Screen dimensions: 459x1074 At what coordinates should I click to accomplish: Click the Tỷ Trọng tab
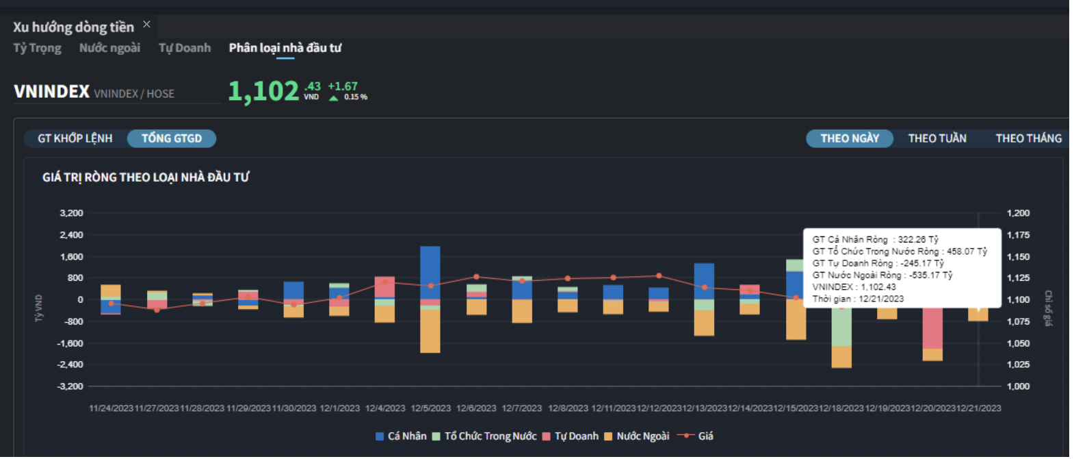coord(37,48)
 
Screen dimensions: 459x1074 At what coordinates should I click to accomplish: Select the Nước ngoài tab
coord(109,48)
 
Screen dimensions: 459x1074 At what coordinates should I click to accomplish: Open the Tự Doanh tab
coord(185,48)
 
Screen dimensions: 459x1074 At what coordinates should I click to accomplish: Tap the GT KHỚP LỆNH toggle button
coord(75,138)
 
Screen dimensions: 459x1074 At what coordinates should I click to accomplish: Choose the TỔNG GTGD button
coord(172,138)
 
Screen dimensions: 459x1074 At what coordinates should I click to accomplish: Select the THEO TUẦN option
coord(937,138)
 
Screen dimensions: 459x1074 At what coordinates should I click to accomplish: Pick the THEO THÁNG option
coord(1028,138)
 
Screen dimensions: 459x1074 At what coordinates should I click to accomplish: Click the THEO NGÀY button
coord(850,138)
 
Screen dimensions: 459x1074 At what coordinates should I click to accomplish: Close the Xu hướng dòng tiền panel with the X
coord(146,25)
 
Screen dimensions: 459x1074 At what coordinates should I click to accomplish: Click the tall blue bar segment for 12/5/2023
coord(430,271)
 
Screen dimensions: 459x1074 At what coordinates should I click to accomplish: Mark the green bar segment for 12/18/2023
coord(841,327)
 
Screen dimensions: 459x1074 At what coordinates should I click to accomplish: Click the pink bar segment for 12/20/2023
coord(932,329)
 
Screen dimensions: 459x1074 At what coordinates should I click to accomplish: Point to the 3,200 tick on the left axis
coord(71,213)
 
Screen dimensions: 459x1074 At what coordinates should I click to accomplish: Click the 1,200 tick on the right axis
coord(1018,213)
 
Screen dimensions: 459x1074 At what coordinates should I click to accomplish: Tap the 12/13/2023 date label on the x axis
coord(705,408)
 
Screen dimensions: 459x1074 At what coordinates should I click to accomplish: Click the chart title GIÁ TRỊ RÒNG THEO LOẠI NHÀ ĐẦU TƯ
coord(146,177)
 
